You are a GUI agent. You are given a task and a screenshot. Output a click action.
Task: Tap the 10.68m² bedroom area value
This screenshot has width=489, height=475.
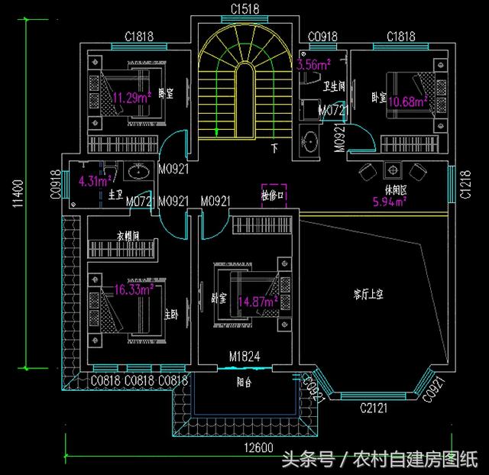tap(409, 101)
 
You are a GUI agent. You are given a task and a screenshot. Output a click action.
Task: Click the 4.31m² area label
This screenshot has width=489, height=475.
tap(96, 181)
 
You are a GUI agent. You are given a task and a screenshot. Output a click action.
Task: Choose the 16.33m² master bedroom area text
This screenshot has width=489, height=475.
tap(134, 289)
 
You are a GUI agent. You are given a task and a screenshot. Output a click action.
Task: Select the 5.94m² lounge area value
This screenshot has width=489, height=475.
tap(389, 202)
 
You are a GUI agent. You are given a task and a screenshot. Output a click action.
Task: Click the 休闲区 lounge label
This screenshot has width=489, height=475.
tap(389, 189)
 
